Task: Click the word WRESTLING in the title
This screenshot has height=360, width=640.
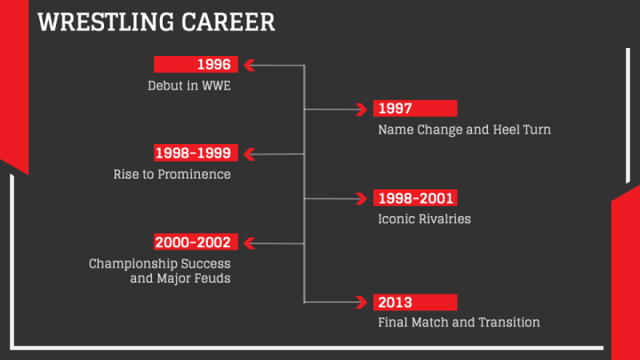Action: coord(106,22)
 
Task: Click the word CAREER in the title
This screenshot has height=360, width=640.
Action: coord(228,22)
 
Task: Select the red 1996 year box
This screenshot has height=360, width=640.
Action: coord(196,65)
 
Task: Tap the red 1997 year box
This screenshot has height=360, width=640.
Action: coord(415,108)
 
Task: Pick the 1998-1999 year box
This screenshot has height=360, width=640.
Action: coord(196,153)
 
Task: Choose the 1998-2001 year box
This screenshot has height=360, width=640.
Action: coord(415,198)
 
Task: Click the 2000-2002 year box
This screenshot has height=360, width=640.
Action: coord(196,242)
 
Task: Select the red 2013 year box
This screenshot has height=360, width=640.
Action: coord(415,302)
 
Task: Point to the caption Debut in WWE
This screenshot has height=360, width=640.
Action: coord(189,85)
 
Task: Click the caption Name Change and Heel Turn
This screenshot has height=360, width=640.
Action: coord(465,130)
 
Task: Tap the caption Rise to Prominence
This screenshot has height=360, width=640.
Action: coord(172,174)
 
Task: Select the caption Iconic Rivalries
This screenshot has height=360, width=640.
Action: coord(425,220)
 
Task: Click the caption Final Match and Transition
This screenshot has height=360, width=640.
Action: coord(459,323)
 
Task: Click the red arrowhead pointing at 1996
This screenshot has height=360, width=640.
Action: coord(250,65)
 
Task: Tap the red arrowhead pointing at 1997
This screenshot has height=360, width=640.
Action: coord(362,109)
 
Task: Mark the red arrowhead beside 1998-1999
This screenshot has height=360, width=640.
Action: coord(250,154)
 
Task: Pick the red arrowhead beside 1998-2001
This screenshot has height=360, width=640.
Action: coord(362,199)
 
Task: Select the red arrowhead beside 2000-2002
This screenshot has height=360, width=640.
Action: coord(250,244)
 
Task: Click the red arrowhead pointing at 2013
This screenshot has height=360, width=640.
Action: coord(362,302)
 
